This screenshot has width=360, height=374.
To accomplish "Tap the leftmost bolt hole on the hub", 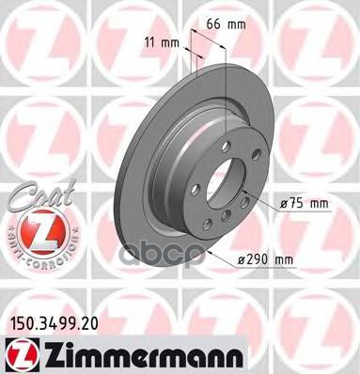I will [x=195, y=187].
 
